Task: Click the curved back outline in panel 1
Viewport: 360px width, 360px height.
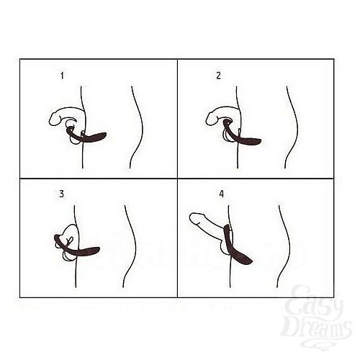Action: coord(138,122)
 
